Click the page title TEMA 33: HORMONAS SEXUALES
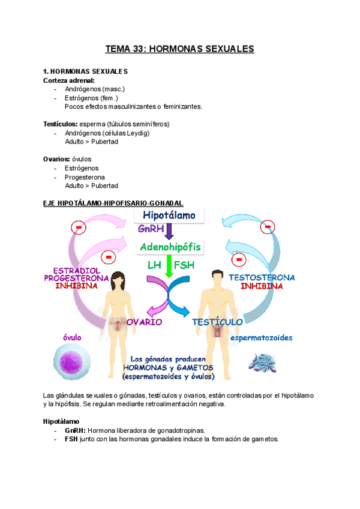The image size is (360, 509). click(x=180, y=49)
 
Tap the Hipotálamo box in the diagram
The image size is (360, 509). click(x=170, y=215)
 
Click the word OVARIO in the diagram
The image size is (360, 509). click(x=145, y=322)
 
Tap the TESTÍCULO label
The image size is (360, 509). click(x=217, y=322)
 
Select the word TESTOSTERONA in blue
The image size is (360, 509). click(x=262, y=278)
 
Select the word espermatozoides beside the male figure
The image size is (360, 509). click(x=262, y=338)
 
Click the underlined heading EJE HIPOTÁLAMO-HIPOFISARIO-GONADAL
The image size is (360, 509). click(x=113, y=203)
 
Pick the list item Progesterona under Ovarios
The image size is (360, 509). click(x=85, y=177)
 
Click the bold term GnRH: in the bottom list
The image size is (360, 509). click(x=75, y=430)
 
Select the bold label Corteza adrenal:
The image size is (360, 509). click(x=68, y=80)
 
